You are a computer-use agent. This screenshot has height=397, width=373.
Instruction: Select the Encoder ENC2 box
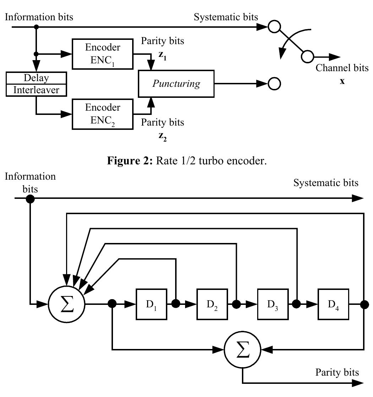(103, 114)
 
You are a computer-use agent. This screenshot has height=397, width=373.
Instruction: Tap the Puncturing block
(176, 84)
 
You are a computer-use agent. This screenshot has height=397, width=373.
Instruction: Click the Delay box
(36, 78)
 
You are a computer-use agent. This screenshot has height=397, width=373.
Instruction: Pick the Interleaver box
(36, 90)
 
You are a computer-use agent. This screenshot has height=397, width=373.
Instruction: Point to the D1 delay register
(151, 304)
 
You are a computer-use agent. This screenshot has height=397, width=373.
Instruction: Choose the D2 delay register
(212, 304)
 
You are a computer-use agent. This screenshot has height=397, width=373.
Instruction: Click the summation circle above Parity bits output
(242, 350)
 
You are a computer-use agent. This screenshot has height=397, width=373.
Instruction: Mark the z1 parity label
(162, 56)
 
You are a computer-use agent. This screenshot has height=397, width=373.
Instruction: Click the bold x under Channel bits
(342, 81)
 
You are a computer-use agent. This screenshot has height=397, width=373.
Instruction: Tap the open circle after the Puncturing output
(275, 84)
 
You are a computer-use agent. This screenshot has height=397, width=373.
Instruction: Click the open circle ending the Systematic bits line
(274, 27)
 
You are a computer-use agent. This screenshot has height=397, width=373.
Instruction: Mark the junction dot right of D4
(364, 304)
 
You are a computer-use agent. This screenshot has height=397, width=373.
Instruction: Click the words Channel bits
(342, 68)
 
